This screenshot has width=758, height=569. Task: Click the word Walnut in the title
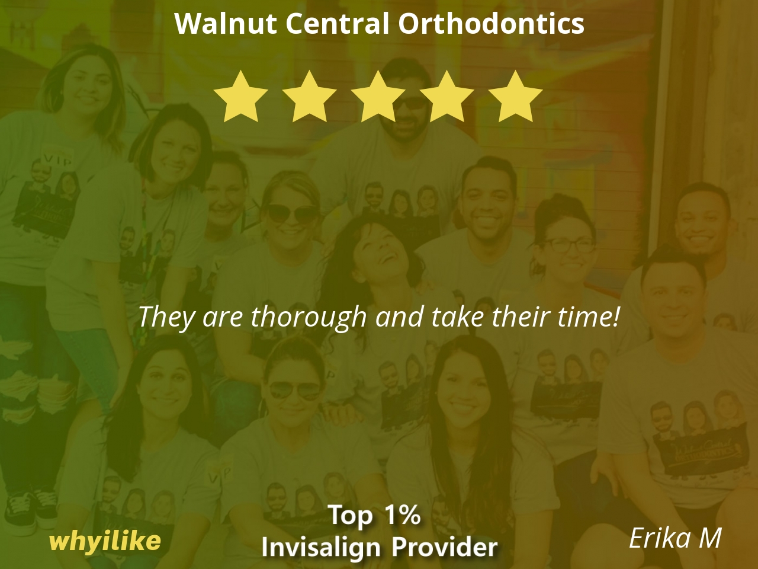pos(226,23)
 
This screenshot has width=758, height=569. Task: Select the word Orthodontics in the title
pos(491,23)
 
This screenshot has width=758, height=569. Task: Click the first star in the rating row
pos(240,97)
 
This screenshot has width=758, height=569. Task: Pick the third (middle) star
pos(378,97)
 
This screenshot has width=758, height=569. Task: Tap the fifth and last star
pos(515,97)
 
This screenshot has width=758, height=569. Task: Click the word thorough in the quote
pos(309,318)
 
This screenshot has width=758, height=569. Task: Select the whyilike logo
pos(105,542)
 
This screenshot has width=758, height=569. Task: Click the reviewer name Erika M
pos(675,538)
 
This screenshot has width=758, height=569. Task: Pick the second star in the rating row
pos(309,97)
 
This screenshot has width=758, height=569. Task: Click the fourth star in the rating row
pos(446,97)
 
